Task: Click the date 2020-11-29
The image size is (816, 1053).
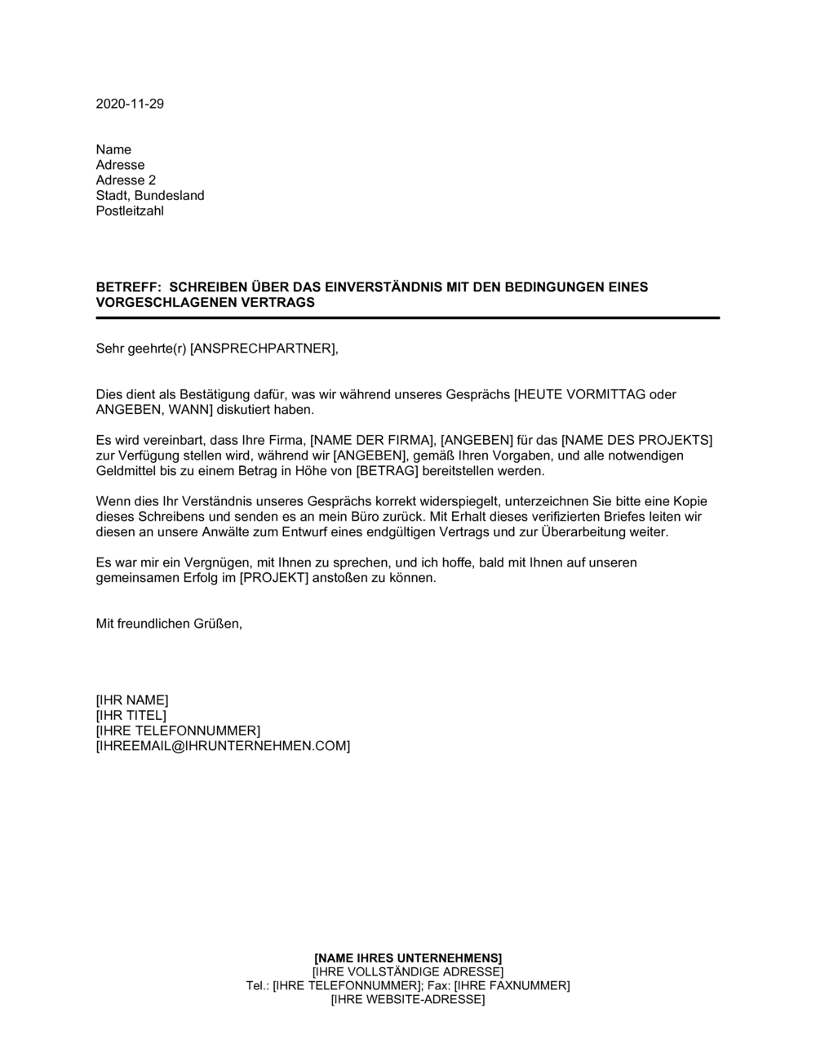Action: (130, 104)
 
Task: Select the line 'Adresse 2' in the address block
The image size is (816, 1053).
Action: (126, 180)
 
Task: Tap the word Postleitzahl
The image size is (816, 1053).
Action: (131, 211)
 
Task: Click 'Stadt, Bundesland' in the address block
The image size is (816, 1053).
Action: (150, 196)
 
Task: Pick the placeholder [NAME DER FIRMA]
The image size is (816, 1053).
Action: (371, 441)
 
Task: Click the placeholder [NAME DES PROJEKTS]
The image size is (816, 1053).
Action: (637, 441)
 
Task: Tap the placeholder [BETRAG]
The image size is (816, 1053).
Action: (386, 472)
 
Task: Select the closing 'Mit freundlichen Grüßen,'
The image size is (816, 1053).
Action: (169, 624)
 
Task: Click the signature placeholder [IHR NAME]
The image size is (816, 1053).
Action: (132, 700)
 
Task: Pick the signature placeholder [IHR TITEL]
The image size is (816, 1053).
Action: (131, 716)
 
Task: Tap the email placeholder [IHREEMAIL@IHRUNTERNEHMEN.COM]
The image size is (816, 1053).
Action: (223, 746)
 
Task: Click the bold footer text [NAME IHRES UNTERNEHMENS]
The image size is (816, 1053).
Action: (408, 957)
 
